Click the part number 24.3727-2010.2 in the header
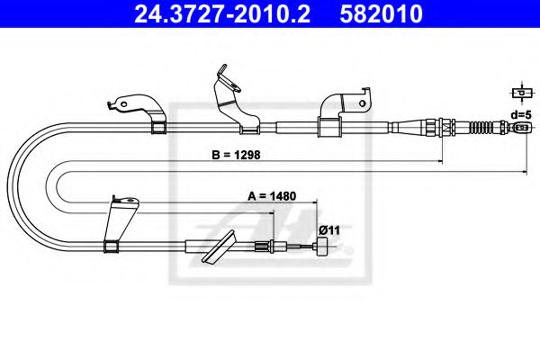click(222, 13)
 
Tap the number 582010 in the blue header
click(381, 13)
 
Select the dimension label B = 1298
click(236, 155)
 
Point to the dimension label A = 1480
click(272, 196)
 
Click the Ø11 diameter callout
click(329, 229)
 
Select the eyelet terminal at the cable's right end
click(523, 128)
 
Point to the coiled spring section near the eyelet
click(481, 128)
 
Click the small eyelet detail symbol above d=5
click(522, 93)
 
